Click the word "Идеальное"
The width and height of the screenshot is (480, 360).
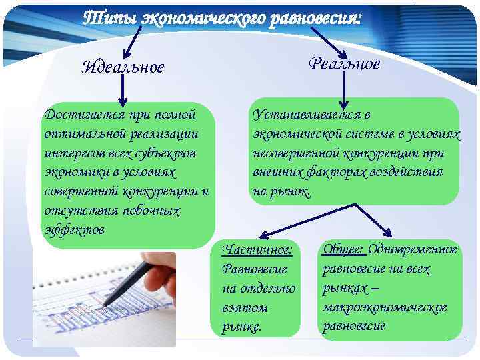pyautogui.click(x=123, y=67)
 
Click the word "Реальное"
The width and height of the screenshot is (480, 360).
pyautogui.click(x=344, y=63)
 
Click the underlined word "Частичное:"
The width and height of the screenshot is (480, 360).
pyautogui.click(x=257, y=250)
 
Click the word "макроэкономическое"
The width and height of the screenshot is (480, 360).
pyautogui.click(x=385, y=307)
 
